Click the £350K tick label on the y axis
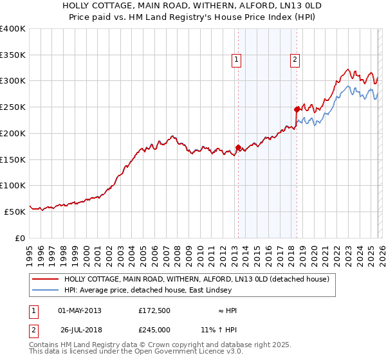(x=13, y=55)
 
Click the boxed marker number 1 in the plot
(x=237, y=60)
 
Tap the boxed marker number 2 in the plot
(x=295, y=60)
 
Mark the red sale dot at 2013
(x=238, y=147)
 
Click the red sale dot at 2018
(x=297, y=109)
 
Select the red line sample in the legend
(x=45, y=279)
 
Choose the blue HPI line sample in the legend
(x=45, y=291)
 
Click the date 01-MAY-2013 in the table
(x=80, y=310)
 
